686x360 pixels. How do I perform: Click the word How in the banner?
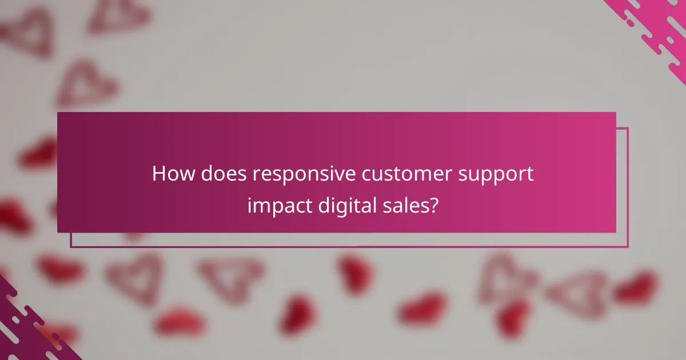172,174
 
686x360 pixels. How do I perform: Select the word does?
218,174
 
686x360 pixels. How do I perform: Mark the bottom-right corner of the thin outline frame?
628,247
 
